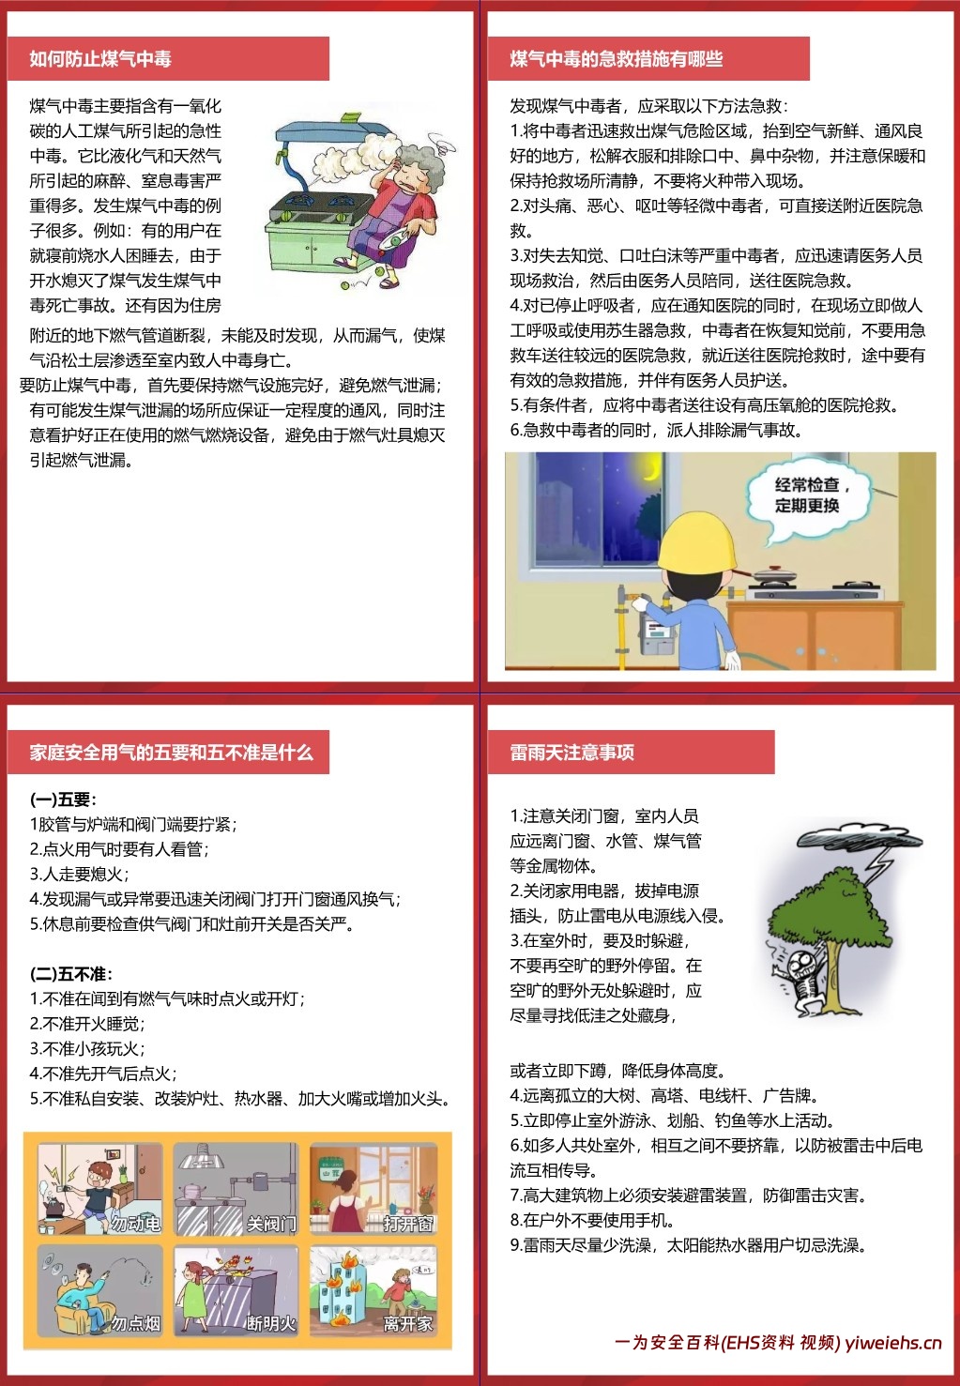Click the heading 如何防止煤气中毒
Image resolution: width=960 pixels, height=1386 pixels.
[100, 59]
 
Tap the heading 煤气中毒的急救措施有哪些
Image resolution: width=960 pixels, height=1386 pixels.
[616, 59]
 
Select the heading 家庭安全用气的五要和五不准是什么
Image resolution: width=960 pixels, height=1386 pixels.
[171, 753]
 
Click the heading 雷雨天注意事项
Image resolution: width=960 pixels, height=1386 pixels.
[571, 753]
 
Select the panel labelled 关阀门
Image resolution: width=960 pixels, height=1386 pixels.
[236, 1189]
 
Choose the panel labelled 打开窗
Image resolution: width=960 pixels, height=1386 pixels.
[373, 1189]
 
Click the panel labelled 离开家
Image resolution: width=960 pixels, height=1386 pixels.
[373, 1291]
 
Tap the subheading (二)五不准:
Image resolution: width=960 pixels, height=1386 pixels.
[71, 974]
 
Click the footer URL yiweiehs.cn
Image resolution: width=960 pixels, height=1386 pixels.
[892, 1343]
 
